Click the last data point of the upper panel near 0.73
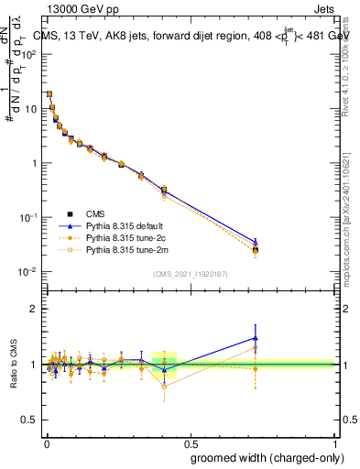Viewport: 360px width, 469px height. point(256,250)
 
